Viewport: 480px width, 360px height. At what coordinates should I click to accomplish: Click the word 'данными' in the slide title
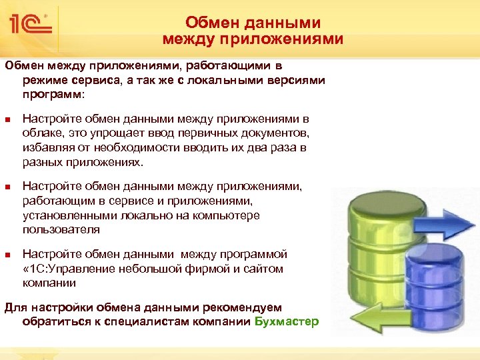pyautogui.click(x=291, y=23)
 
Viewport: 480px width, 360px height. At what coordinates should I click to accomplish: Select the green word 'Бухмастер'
pyautogui.click(x=287, y=322)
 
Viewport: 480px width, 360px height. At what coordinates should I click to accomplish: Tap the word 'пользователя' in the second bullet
pyautogui.click(x=61, y=229)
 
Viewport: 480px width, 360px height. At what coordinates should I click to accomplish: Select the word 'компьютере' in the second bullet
pyautogui.click(x=230, y=215)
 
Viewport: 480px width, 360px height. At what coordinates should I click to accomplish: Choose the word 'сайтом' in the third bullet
pyautogui.click(x=264, y=269)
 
